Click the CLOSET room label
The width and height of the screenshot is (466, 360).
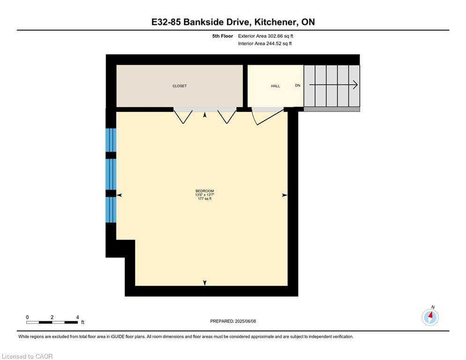(x=179, y=86)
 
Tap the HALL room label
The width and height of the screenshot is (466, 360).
(x=275, y=86)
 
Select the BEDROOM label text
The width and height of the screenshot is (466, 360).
(x=205, y=191)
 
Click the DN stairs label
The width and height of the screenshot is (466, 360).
(x=297, y=85)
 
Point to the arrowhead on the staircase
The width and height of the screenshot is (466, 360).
(x=355, y=85)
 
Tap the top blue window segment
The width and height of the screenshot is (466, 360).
(x=111, y=140)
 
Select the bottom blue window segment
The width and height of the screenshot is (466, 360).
(x=111, y=210)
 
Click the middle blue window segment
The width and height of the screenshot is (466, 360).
(x=111, y=174)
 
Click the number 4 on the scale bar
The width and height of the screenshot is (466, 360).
(x=78, y=317)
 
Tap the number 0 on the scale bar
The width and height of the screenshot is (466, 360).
(x=27, y=317)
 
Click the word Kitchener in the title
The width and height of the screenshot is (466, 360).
(x=275, y=22)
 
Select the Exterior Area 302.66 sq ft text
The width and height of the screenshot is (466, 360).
(x=266, y=36)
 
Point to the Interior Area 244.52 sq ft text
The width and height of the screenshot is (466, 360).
(x=265, y=44)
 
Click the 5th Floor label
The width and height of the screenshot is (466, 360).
(x=222, y=36)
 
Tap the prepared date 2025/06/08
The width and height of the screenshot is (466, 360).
(x=245, y=321)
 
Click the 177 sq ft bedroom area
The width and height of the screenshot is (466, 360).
(x=205, y=199)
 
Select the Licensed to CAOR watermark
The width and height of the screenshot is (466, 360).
(x=27, y=356)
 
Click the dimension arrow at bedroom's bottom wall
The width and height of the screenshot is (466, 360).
(x=205, y=283)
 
